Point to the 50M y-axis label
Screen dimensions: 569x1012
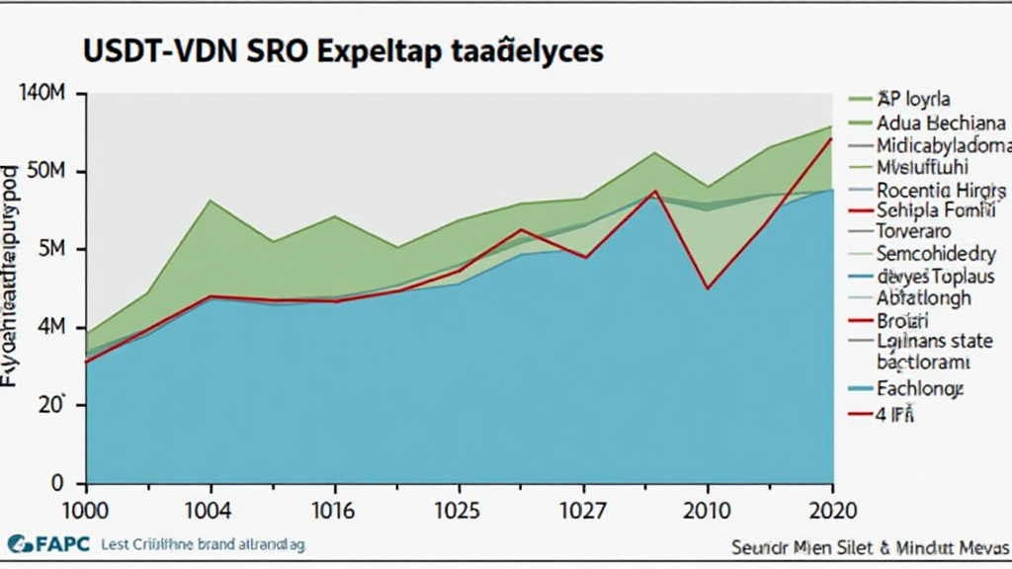point(43,172)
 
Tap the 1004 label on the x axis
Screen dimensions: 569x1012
point(209,512)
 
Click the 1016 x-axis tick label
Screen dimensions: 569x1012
point(335,512)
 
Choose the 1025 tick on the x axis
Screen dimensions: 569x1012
point(460,512)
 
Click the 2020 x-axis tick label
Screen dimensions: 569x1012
point(833,512)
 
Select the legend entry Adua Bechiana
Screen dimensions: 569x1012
point(940,123)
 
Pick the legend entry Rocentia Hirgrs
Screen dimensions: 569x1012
point(941,190)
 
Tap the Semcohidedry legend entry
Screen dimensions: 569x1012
point(939,254)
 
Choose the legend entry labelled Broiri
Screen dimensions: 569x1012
point(902,320)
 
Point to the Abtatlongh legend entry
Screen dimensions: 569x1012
point(923,297)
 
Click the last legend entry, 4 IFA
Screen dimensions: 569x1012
point(894,415)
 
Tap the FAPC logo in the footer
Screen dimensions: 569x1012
point(48,543)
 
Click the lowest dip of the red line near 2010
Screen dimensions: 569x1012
point(708,288)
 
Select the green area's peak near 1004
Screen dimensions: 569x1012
point(210,201)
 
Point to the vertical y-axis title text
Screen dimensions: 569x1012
point(12,267)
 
